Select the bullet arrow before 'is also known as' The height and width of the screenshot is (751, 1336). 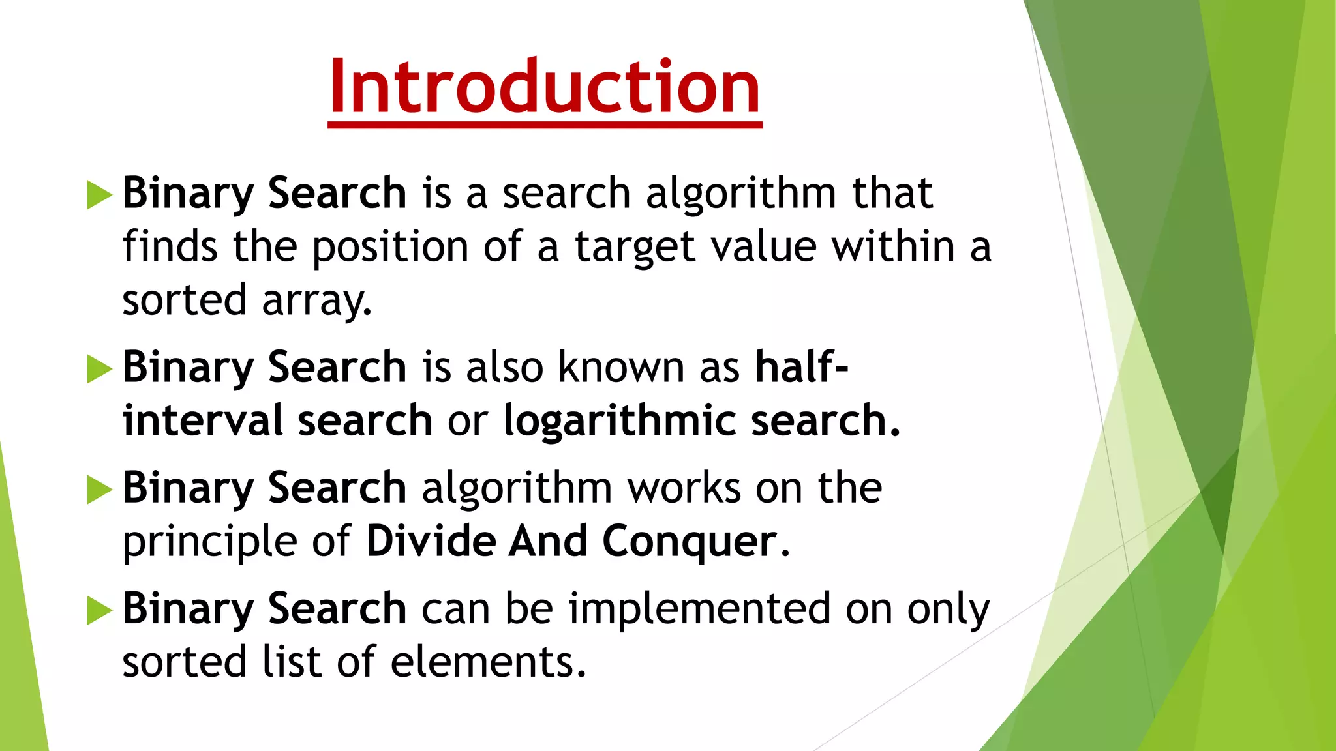(x=99, y=369)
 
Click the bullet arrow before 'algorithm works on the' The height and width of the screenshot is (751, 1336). (x=99, y=490)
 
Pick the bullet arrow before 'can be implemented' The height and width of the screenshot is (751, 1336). (x=99, y=610)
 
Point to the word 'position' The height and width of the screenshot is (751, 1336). (x=389, y=248)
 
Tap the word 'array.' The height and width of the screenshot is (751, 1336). (x=317, y=301)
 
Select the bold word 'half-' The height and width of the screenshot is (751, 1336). (x=802, y=367)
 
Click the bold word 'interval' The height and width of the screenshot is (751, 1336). (x=203, y=420)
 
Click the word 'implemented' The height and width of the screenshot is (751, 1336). (x=699, y=610)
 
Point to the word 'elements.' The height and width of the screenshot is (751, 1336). (x=489, y=662)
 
